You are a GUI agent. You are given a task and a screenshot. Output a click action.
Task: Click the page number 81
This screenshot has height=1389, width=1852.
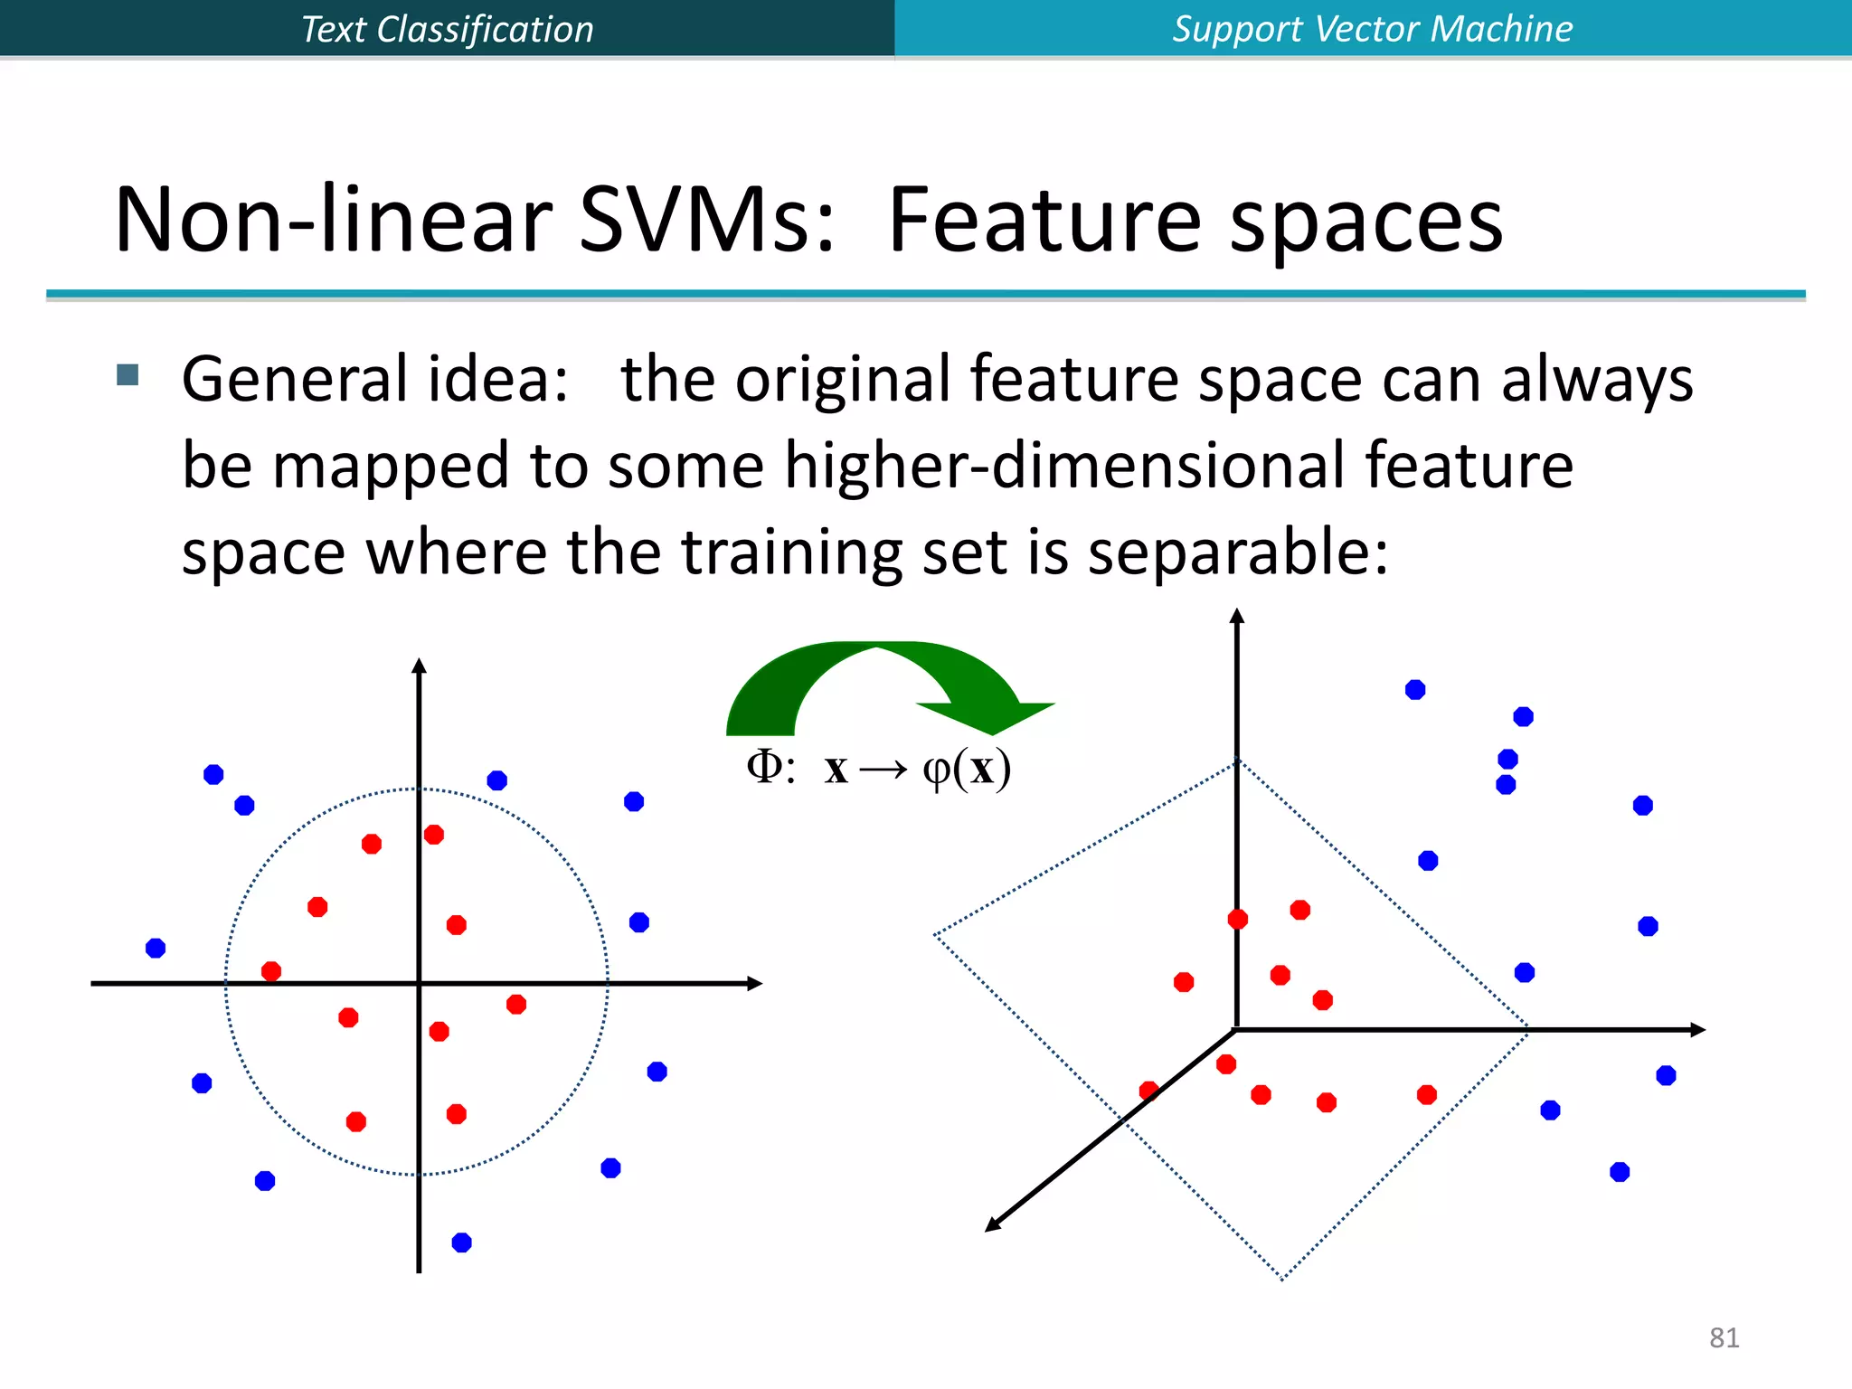1724,1337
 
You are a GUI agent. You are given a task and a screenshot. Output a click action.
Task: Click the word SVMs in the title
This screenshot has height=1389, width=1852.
706,220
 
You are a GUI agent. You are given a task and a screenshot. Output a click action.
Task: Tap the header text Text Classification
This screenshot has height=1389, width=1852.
447,29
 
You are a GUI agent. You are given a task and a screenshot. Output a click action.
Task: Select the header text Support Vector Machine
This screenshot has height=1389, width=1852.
1372,29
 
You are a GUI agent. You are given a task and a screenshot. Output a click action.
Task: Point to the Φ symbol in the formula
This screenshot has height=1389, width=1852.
764,767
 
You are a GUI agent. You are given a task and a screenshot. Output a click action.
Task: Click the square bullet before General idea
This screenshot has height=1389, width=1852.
128,374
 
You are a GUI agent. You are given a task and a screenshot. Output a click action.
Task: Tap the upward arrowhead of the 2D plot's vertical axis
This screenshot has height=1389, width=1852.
419,666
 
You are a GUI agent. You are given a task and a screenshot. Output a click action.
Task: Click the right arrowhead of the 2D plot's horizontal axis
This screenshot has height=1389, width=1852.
755,983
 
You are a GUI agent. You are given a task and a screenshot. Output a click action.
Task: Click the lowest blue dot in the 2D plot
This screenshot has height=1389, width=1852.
461,1243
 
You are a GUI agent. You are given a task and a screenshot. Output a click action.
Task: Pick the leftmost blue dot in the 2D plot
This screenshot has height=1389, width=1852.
156,948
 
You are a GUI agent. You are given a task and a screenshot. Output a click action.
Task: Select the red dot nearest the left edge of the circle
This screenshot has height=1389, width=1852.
271,971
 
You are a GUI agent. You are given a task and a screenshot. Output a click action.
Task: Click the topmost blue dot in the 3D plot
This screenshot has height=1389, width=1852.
1415,690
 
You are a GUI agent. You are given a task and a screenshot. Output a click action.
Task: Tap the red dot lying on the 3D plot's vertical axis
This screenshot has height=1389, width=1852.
1238,919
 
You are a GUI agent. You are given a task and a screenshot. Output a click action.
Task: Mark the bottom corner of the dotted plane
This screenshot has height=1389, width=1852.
1282,1278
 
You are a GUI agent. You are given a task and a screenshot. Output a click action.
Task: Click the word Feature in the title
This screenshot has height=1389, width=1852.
1044,220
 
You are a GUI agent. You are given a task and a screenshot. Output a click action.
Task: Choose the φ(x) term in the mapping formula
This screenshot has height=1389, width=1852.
966,769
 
